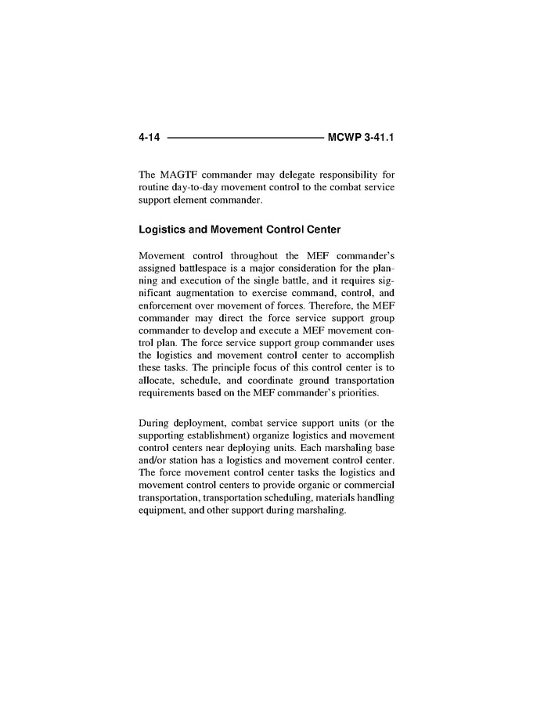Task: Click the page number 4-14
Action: (x=149, y=138)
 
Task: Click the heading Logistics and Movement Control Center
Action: (x=239, y=230)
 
